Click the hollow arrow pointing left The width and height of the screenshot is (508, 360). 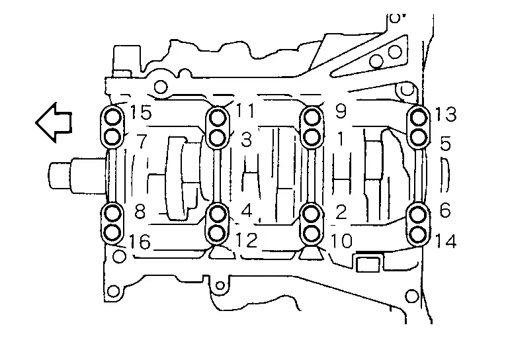coord(54,122)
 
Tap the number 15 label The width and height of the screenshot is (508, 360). coord(141,112)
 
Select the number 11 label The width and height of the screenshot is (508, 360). coord(245,110)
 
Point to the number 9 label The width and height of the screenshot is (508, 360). coord(341,111)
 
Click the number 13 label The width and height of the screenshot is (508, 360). coord(446,114)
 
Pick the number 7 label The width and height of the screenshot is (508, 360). coord(142,141)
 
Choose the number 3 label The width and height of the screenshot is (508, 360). coord(246,140)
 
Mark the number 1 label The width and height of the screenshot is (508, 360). coord(341,140)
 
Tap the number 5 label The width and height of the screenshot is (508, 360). coord(446,143)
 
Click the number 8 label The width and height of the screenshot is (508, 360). coord(140,212)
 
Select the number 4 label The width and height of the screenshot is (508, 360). coord(247,211)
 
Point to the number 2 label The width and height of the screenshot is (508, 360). coord(341,212)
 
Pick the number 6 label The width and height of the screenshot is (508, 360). coord(445,210)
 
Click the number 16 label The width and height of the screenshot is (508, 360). coord(140,242)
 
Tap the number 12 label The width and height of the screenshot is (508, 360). coord(247,240)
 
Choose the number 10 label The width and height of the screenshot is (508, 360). coord(341,241)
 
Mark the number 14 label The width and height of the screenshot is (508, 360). coord(446,241)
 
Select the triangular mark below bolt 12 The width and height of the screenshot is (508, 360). coord(222,252)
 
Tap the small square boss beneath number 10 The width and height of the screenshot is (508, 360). coord(368,264)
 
